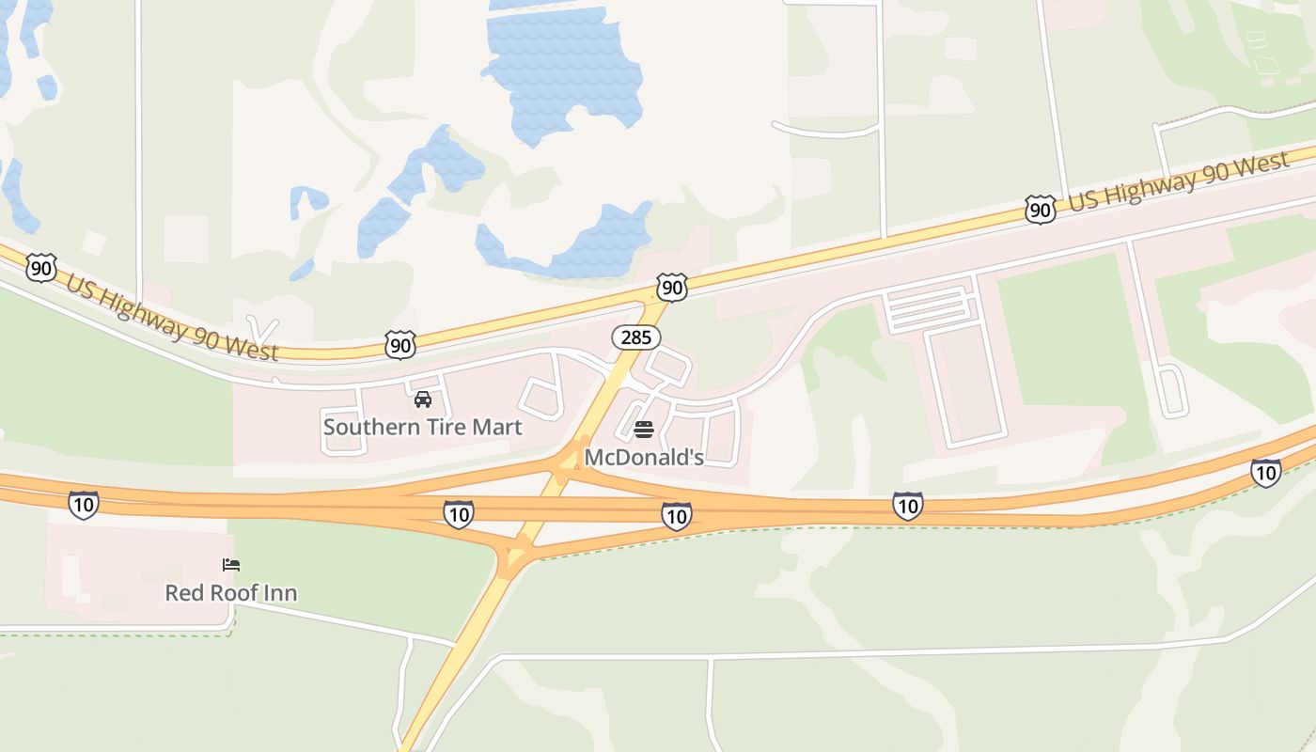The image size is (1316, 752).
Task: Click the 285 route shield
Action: [x=636, y=337]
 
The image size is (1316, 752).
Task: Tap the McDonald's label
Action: [x=644, y=458]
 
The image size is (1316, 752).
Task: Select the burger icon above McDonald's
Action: [x=644, y=431]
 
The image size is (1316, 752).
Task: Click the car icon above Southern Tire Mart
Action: [x=423, y=399]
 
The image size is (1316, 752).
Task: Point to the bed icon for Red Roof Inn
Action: [x=231, y=565]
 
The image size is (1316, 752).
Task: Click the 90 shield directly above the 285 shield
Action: [x=672, y=287]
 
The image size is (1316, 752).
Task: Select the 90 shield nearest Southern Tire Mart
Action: [x=400, y=345]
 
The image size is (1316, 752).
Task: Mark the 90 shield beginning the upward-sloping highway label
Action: [x=1040, y=209]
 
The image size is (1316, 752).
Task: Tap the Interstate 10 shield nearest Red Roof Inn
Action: [x=84, y=505]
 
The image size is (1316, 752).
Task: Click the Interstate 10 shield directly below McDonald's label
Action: [x=676, y=515]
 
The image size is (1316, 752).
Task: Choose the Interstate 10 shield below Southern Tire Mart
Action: [x=458, y=513]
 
